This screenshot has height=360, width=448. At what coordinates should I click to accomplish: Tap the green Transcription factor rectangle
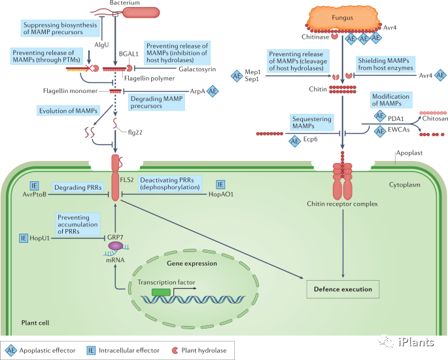pos(162,290)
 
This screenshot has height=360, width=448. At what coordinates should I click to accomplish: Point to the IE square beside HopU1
pos(25,240)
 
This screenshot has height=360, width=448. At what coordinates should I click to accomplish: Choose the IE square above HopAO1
pos(220,167)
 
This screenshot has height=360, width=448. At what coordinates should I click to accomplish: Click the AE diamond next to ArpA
pos(213,92)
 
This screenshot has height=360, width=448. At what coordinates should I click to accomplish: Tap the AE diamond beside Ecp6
pos(292,140)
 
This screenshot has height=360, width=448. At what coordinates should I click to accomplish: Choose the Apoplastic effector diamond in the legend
pos(10,350)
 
